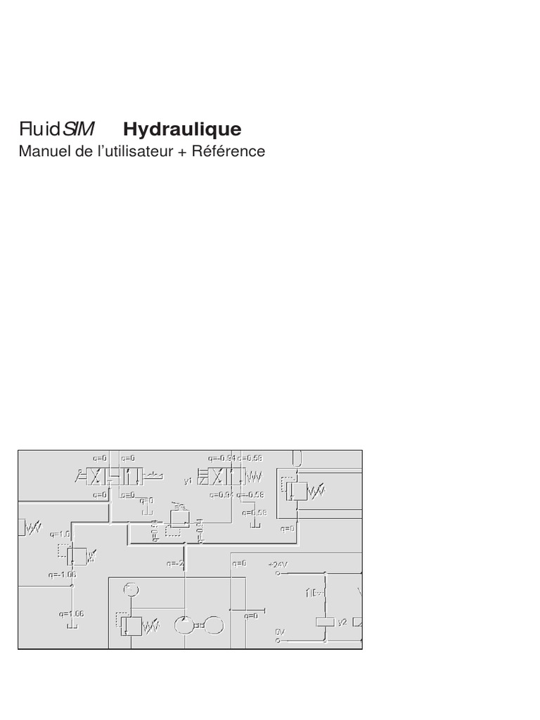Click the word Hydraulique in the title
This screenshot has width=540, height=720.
coord(182,130)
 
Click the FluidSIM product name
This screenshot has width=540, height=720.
coord(58,130)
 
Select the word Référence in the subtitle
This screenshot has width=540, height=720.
coord(229,151)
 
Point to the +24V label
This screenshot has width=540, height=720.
coord(278,564)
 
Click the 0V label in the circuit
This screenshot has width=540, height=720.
coord(278,631)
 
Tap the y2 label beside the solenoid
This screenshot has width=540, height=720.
coord(342,622)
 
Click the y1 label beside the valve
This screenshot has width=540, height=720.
coord(188,481)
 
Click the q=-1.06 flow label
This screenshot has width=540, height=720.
coord(63,574)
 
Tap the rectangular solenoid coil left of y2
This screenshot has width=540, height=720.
coord(325,622)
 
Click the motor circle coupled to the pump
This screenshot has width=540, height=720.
coord(215,624)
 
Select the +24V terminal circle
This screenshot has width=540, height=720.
coord(278,573)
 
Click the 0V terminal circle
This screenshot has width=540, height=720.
coord(278,641)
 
